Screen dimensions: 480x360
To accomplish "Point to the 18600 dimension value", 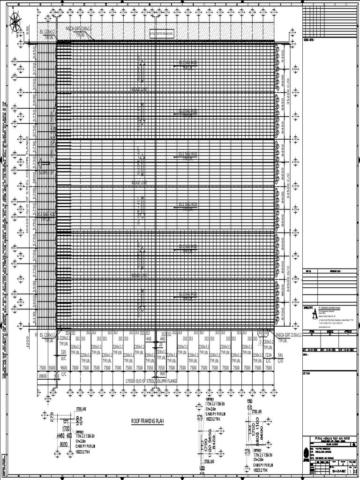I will tap(43, 376).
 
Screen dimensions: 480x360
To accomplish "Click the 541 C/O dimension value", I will tap(280, 358).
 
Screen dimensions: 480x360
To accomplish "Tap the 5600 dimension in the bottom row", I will tap(53, 368).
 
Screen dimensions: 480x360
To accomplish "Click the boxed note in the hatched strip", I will tap(161, 34).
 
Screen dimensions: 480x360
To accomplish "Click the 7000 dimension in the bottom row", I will tap(75, 368).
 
